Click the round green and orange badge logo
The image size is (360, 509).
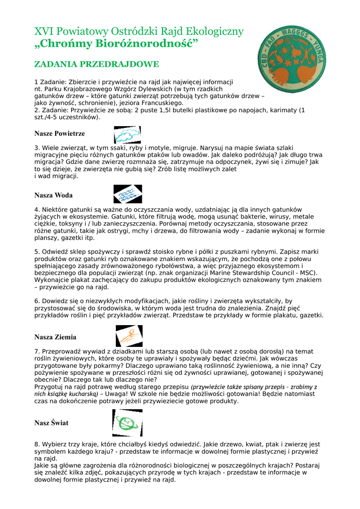tap(292, 59)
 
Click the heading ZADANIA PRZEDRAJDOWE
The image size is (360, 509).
tap(96, 65)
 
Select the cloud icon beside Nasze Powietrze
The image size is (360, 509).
tap(127, 135)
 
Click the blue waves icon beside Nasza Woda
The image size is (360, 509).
tap(128, 194)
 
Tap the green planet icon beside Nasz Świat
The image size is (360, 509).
tap(127, 423)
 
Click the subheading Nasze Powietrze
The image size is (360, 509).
tap(60, 134)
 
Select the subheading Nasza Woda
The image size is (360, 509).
tap(53, 195)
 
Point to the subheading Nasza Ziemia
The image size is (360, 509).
tap(55, 337)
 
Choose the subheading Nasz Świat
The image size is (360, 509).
tap(51, 423)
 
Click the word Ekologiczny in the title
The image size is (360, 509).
tap(213, 32)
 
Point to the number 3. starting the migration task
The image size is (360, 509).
tap(37, 148)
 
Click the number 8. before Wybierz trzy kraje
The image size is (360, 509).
tap(37, 444)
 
